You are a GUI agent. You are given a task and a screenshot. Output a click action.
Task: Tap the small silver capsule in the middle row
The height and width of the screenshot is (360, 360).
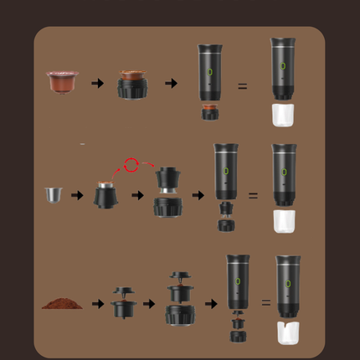pyautogui.click(x=54, y=195)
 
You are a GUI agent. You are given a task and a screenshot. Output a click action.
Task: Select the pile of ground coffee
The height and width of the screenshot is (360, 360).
pyautogui.click(x=62, y=302)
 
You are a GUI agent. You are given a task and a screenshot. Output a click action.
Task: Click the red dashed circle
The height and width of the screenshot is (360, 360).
pyautogui.click(x=131, y=165)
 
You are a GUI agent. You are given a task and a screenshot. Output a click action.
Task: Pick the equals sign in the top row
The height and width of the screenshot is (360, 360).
pyautogui.click(x=242, y=85)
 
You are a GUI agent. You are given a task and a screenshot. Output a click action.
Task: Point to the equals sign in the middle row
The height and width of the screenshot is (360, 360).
pyautogui.click(x=253, y=195)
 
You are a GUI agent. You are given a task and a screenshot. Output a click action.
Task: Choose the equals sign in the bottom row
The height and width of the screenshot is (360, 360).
pyautogui.click(x=266, y=302)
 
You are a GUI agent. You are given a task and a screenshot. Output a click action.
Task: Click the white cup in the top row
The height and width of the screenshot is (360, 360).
pyautogui.click(x=283, y=115)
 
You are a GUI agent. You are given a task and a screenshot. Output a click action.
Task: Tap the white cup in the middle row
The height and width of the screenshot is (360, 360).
pyautogui.click(x=284, y=221)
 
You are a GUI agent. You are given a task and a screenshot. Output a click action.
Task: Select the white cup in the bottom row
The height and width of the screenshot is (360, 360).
pyautogui.click(x=288, y=332)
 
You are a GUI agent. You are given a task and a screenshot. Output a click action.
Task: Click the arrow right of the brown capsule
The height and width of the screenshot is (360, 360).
pyautogui.click(x=98, y=83)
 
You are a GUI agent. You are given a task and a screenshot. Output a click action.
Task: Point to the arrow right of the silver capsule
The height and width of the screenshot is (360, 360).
pyautogui.click(x=77, y=195)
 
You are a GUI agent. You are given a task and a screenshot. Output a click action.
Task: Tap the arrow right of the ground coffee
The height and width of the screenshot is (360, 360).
pyautogui.click(x=98, y=303)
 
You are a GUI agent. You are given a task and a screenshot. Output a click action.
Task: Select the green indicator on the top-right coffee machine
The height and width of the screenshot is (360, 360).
pyautogui.click(x=283, y=65)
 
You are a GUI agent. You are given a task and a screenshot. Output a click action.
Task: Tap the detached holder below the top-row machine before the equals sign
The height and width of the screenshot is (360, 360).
pyautogui.click(x=210, y=111)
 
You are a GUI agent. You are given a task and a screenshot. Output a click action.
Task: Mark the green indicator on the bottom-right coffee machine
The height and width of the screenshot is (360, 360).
pyautogui.click(x=288, y=284)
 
